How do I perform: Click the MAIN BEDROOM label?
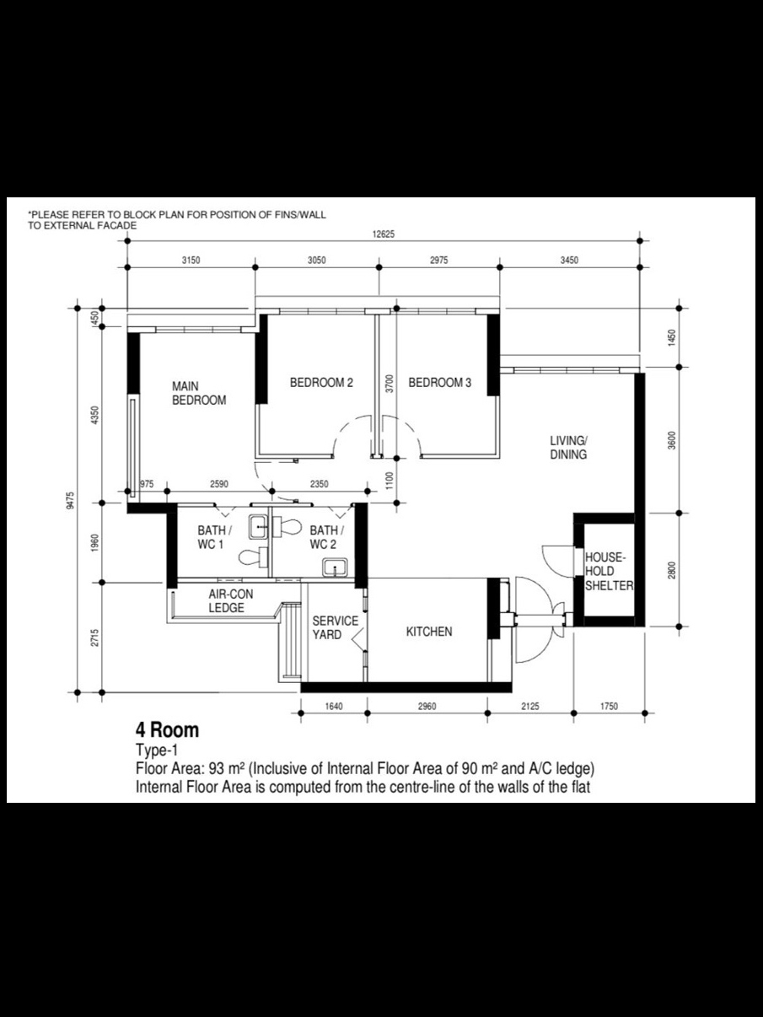coord(199,393)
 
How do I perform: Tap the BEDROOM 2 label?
coord(321,383)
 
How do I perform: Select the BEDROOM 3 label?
coord(439,383)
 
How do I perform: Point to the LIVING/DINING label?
coord(569,447)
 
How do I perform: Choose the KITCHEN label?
coord(429,632)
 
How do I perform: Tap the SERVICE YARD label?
coord(335,627)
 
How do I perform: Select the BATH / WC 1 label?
coord(215,537)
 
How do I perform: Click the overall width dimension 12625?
coord(384,236)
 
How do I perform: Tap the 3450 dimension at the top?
coord(569,261)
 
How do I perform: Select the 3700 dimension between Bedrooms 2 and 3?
coord(389,385)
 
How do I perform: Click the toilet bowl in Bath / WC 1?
coord(250,557)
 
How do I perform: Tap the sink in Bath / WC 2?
coord(336,568)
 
